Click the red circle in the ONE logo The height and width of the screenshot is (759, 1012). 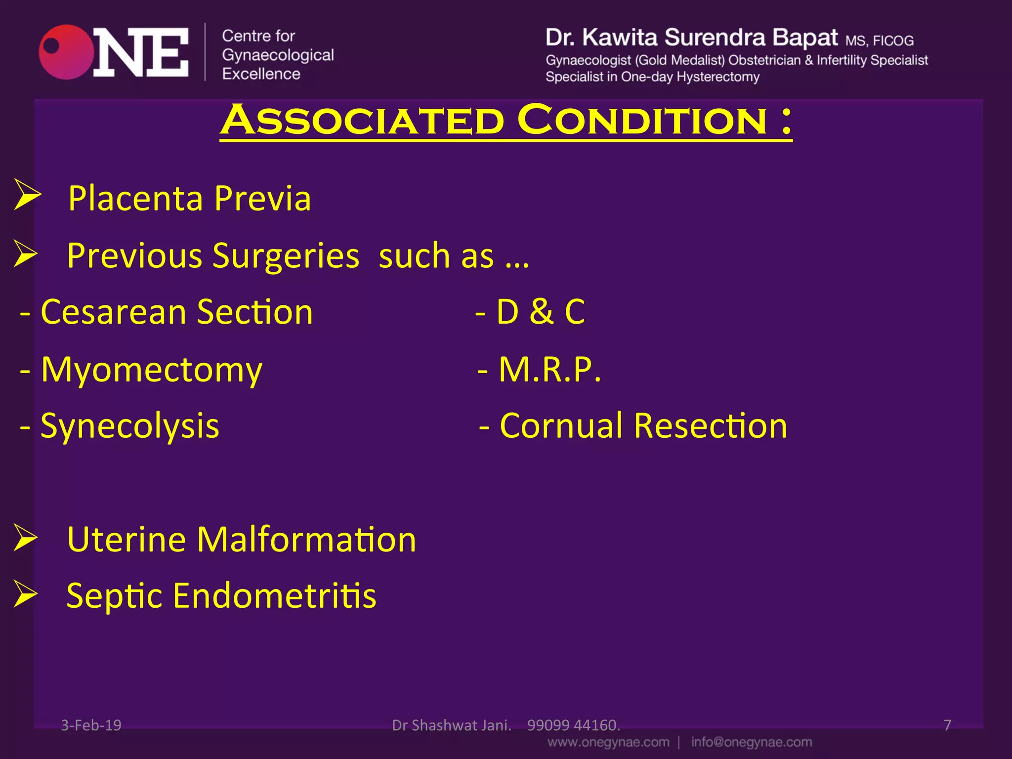pos(67,52)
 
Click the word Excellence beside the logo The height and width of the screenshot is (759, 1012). pos(261,74)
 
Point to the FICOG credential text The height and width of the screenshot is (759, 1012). pos(893,41)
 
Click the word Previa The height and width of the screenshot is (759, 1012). pos(262,199)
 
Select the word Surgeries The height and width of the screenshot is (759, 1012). pos(286,256)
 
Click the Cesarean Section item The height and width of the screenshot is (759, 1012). pos(176,312)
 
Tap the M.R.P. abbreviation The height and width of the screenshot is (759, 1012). pos(549,370)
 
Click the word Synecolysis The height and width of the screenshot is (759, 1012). pos(129,426)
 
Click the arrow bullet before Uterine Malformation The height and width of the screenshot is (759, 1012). pos(26,537)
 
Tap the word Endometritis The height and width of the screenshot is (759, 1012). pos(274,596)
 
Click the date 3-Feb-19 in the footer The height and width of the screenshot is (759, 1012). pos(91,725)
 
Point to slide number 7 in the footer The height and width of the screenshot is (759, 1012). pos(947,725)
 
